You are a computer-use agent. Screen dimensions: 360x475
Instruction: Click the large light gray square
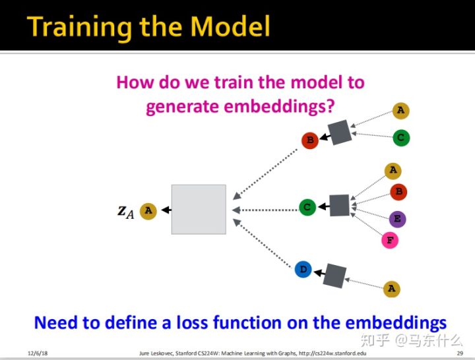pos(199,209)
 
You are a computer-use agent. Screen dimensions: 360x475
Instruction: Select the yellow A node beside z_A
pos(148,211)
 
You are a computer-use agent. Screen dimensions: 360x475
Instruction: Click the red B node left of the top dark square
pos(309,140)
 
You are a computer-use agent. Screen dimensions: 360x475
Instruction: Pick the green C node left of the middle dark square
pos(307,207)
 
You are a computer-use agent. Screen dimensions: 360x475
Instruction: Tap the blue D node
pos(303,269)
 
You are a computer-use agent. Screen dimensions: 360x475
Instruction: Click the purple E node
pos(397,219)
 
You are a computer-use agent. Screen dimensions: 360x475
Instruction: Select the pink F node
pos(390,240)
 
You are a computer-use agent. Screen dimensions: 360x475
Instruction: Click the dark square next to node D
pos(334,274)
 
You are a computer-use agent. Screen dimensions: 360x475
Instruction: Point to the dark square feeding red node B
pos(340,133)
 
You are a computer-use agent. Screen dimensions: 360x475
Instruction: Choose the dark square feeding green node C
pos(339,205)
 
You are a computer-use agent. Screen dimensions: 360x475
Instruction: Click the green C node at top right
pos(400,138)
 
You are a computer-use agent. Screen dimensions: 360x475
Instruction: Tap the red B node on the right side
pos(398,192)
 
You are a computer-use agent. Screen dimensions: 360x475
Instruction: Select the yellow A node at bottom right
pos(391,288)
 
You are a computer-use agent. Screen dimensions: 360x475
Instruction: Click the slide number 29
pos(459,354)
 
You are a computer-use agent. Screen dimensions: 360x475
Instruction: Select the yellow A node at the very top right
pos(400,110)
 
